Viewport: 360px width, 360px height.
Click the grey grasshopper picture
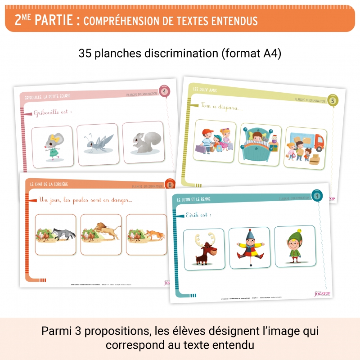click(98, 143)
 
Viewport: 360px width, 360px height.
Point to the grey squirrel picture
click(145, 142)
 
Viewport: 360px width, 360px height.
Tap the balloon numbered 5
click(333, 101)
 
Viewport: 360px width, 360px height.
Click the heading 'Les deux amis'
click(205, 90)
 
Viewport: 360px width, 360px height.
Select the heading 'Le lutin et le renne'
click(194, 199)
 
